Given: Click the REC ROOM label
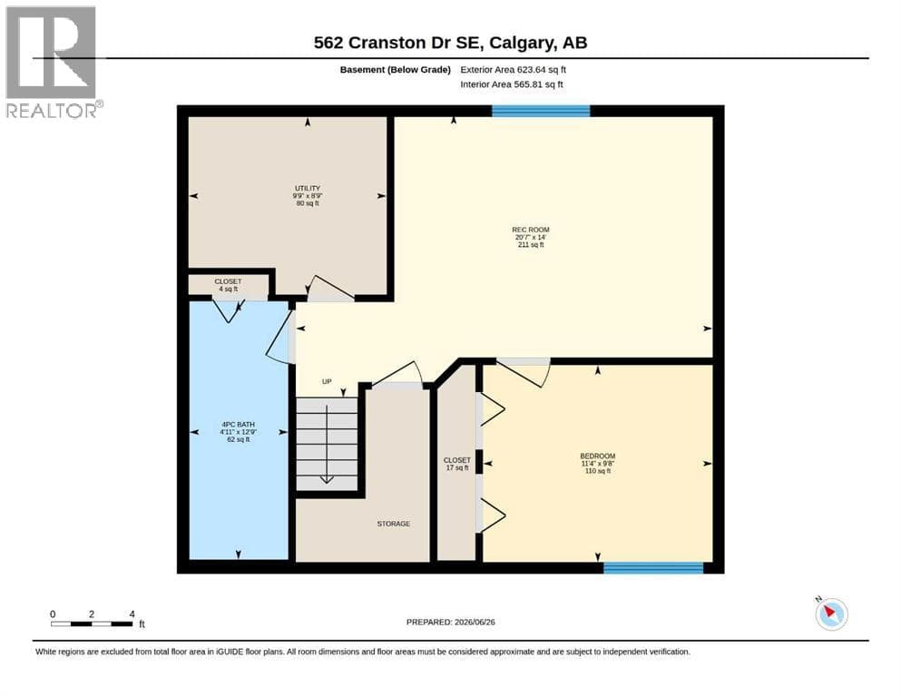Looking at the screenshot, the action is pyautogui.click(x=531, y=230).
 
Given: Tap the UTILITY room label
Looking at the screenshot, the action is pyautogui.click(x=308, y=189).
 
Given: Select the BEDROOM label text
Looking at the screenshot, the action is pyautogui.click(x=598, y=456).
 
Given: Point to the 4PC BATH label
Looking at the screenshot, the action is pyautogui.click(x=238, y=425).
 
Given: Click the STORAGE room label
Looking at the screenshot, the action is pyautogui.click(x=394, y=524).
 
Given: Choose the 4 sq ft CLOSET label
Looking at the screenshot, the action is pyautogui.click(x=228, y=285).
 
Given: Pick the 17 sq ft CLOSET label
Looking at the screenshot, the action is pyautogui.click(x=456, y=464).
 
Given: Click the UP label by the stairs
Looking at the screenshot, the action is pyautogui.click(x=327, y=381).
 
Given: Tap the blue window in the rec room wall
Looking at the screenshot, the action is pyautogui.click(x=541, y=111).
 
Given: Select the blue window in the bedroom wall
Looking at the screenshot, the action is pyautogui.click(x=653, y=568).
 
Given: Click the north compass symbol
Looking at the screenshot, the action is pyautogui.click(x=831, y=614).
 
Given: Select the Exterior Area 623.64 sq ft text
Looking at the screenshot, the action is pyautogui.click(x=514, y=70).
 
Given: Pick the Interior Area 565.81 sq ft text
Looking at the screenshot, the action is pyautogui.click(x=512, y=84).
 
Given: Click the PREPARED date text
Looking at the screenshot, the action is pyautogui.click(x=450, y=622).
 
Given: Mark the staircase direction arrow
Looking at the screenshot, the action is pyautogui.click(x=327, y=444).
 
